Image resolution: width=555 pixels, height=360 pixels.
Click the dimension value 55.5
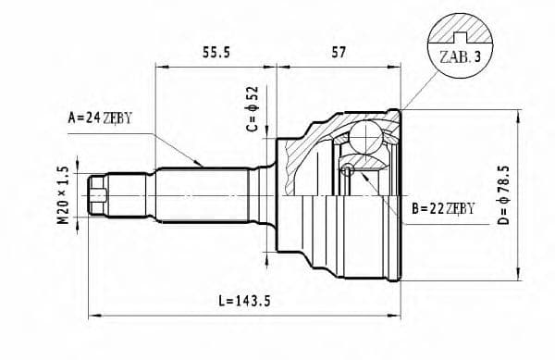click(x=215, y=55)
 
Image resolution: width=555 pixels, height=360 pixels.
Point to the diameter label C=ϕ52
click(x=253, y=109)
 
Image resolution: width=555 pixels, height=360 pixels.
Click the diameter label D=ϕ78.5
click(x=528, y=194)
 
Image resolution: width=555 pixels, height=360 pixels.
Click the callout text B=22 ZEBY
click(x=442, y=208)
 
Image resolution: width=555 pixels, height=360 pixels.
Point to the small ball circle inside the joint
click(x=348, y=169)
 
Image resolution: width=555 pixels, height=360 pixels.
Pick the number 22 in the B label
click(x=434, y=208)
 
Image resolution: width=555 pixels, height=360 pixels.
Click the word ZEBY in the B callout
click(x=461, y=208)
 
